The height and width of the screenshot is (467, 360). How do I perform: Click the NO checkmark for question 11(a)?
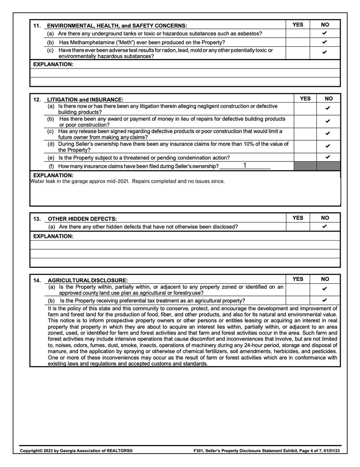click(x=325, y=33)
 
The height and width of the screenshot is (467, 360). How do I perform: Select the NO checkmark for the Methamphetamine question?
click(x=325, y=42)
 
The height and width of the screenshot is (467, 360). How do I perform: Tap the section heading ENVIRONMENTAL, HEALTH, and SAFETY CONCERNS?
click(x=117, y=26)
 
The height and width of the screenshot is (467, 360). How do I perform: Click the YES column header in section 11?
click(x=298, y=25)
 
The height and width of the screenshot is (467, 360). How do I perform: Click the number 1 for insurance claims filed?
click(x=244, y=165)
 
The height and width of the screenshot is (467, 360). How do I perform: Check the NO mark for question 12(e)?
click(x=328, y=157)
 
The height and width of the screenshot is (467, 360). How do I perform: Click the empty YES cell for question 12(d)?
click(x=305, y=147)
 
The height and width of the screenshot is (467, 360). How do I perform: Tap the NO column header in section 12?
click(x=329, y=99)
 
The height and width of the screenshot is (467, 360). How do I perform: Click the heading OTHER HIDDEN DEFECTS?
click(x=82, y=219)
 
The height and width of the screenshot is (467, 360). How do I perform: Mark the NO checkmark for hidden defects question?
click(x=325, y=226)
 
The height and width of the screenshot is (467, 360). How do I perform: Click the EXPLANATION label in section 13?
click(x=53, y=236)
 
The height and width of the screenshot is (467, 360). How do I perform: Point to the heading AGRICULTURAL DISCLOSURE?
click(x=88, y=280)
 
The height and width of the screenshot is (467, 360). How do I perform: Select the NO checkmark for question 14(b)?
click(x=325, y=300)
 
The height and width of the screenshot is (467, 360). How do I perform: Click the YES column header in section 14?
click(x=298, y=279)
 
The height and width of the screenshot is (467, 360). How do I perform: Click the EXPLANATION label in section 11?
click(x=53, y=64)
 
